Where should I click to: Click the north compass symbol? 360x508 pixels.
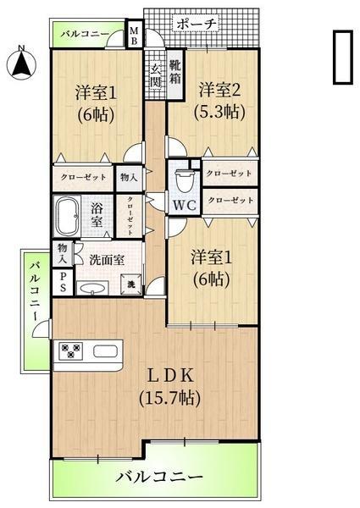[21, 62]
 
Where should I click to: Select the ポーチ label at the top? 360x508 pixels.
[197, 23]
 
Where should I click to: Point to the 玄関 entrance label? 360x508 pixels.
[156, 81]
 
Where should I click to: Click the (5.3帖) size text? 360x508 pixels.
[220, 110]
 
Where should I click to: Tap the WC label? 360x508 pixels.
[185, 204]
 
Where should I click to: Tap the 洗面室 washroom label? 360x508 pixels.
[107, 260]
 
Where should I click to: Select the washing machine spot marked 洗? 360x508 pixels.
[131, 286]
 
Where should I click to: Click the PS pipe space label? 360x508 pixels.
[63, 283]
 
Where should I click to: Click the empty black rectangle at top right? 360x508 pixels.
[342, 58]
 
